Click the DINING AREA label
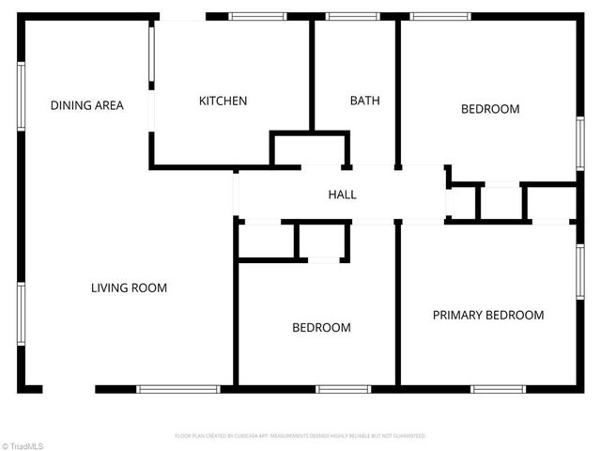(x=87, y=105)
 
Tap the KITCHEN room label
(x=223, y=101)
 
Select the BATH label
(x=364, y=101)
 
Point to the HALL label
(x=342, y=194)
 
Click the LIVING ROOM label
(x=129, y=288)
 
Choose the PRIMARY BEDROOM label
(x=487, y=315)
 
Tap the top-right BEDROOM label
(x=489, y=109)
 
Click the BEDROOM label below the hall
(x=321, y=327)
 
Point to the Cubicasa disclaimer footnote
(x=300, y=436)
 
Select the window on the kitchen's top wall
(x=258, y=16)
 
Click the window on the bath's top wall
(x=352, y=16)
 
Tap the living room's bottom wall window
(x=178, y=388)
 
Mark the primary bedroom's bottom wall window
(x=498, y=388)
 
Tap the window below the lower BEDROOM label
(x=343, y=388)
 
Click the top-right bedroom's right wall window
(x=580, y=143)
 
